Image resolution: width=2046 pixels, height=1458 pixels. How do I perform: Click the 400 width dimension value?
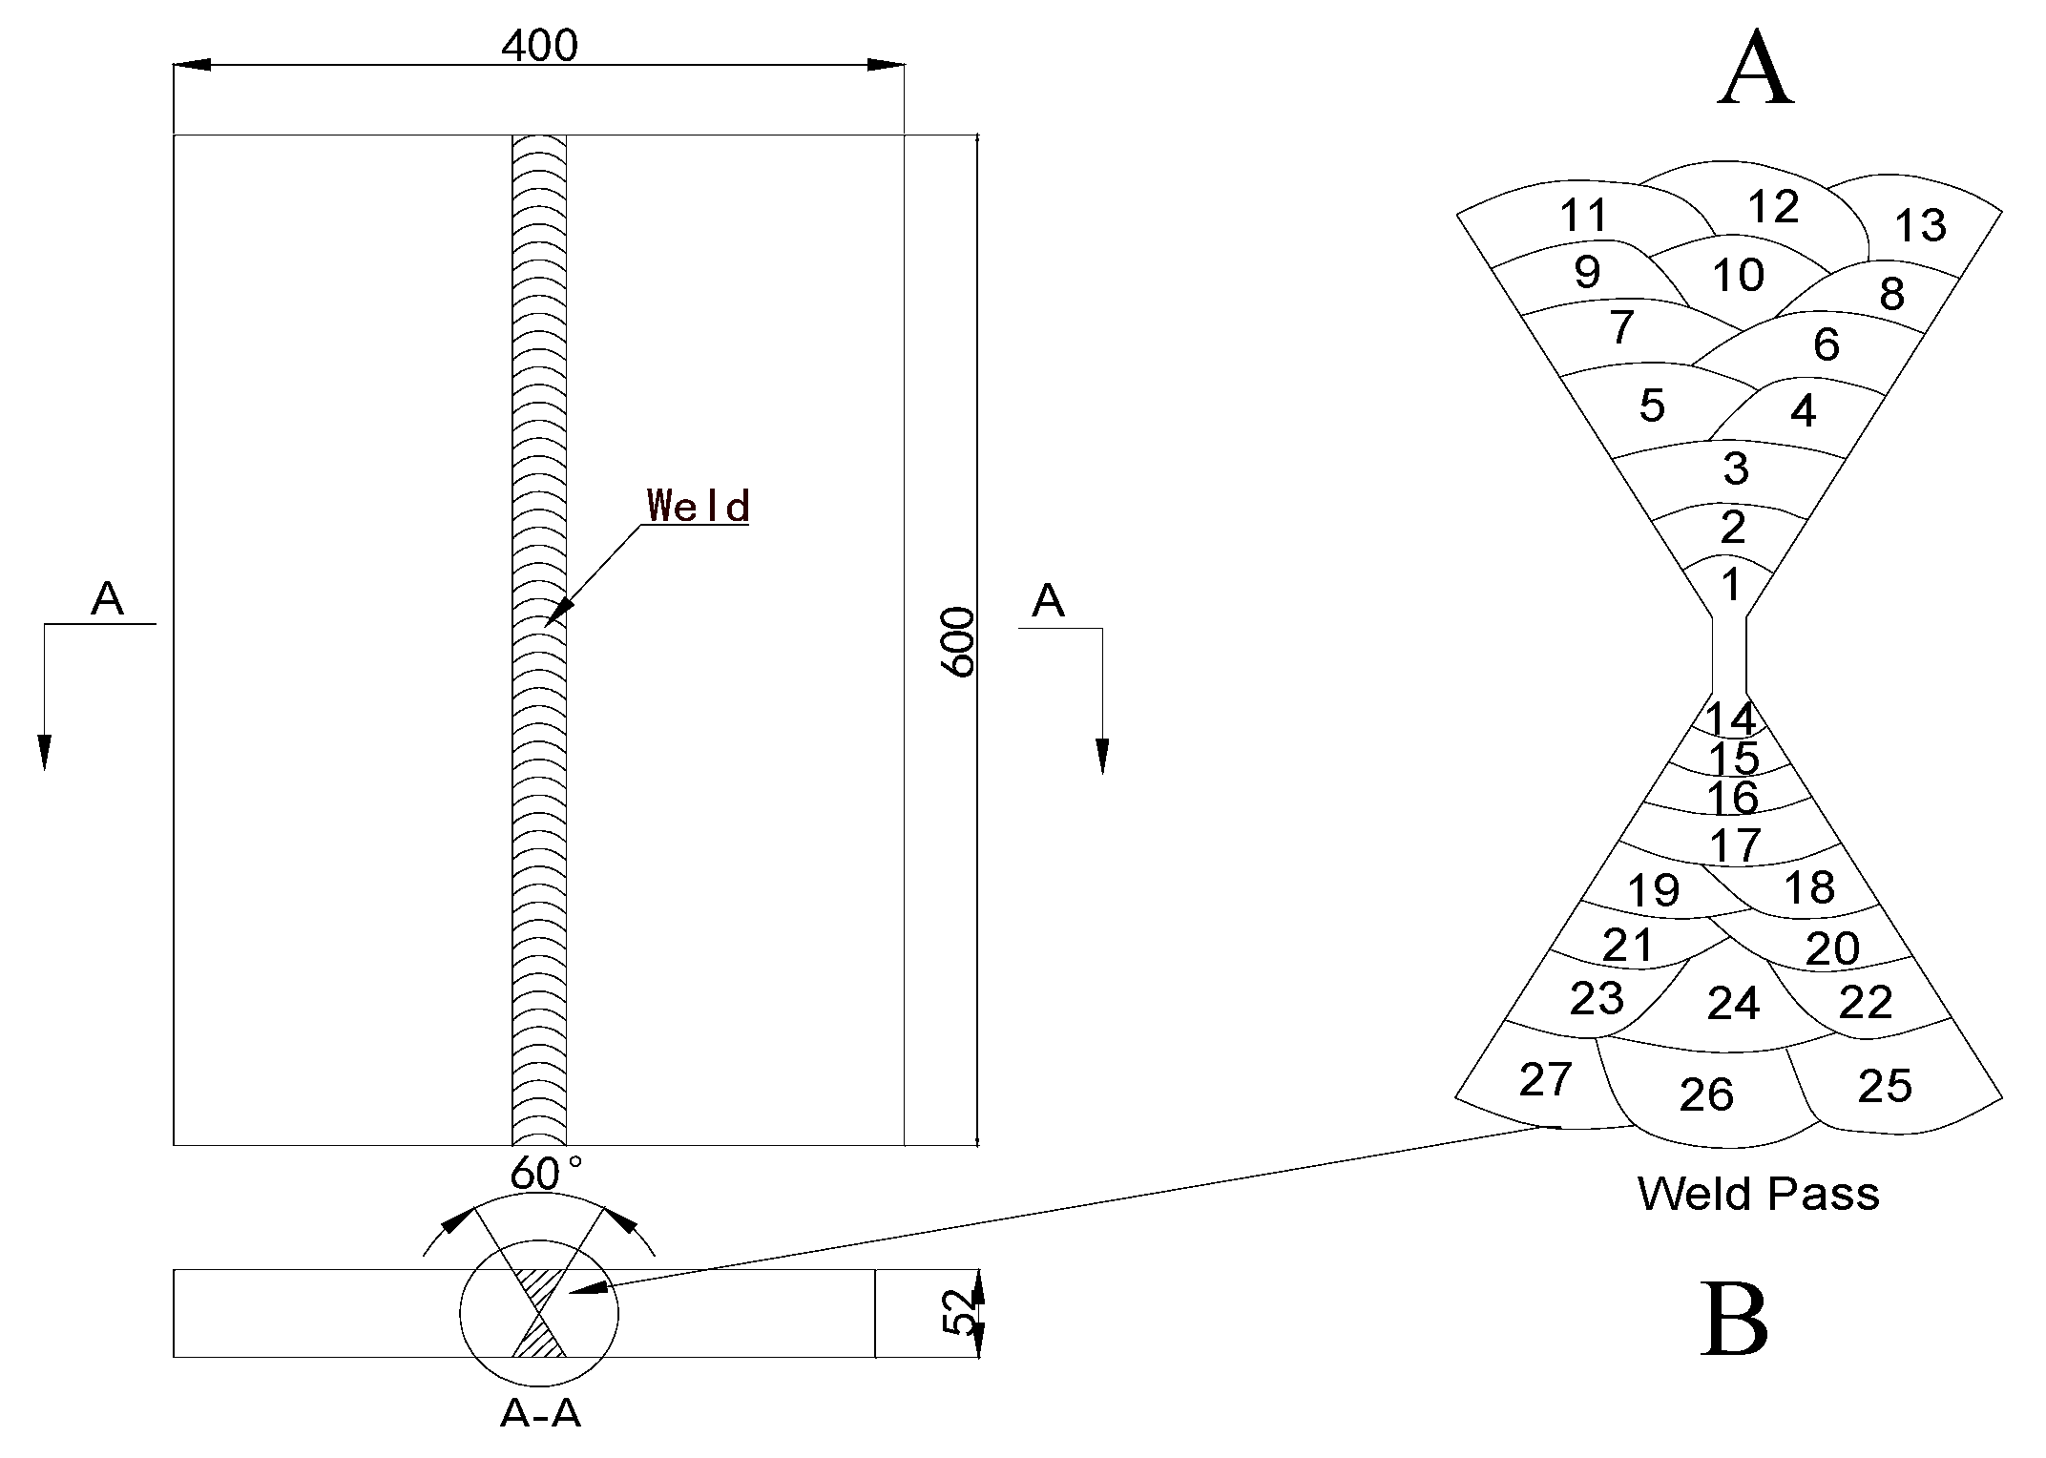540,45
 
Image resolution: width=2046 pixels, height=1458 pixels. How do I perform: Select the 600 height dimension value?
959,642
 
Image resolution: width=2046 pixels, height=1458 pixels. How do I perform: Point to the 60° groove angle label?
545,1173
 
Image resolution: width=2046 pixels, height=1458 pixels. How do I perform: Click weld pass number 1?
1730,584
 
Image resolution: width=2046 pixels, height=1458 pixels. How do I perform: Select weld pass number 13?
1920,226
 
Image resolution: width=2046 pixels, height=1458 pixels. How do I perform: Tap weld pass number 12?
1773,206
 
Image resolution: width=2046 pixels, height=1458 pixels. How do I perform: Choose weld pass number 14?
1730,719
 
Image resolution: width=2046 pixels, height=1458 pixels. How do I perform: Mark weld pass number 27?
1545,1079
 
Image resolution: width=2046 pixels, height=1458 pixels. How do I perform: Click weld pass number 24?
1733,1003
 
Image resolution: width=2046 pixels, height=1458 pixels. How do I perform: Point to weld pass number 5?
1652,406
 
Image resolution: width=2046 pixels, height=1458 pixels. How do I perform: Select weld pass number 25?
1885,1085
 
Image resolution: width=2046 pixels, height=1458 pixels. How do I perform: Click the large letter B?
1734,1320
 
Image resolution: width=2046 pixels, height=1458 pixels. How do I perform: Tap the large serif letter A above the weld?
1756,71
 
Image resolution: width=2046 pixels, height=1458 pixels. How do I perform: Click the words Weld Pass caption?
1758,1194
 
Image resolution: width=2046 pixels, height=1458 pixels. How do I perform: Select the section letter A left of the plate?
107,599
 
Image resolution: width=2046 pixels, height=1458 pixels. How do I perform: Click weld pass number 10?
1738,276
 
